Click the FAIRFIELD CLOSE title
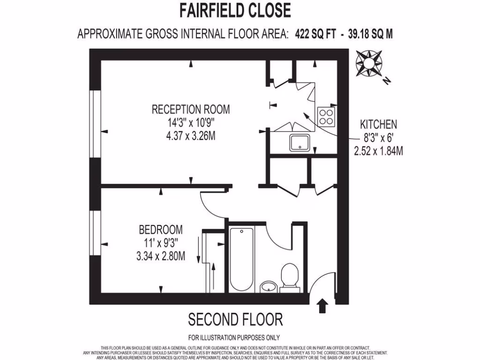tap(235, 10)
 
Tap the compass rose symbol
tap(369, 64)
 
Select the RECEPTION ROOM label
tap(191, 110)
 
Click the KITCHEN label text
tap(378, 125)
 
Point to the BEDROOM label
tap(161, 230)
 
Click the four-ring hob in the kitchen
tap(326, 117)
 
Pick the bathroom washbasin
tap(268, 285)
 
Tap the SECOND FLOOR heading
tap(235, 320)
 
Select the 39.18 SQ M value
tap(370, 34)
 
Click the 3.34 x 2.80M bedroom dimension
tap(161, 256)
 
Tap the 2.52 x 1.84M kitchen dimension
tap(379, 151)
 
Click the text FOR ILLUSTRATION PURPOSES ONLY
tap(234, 337)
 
